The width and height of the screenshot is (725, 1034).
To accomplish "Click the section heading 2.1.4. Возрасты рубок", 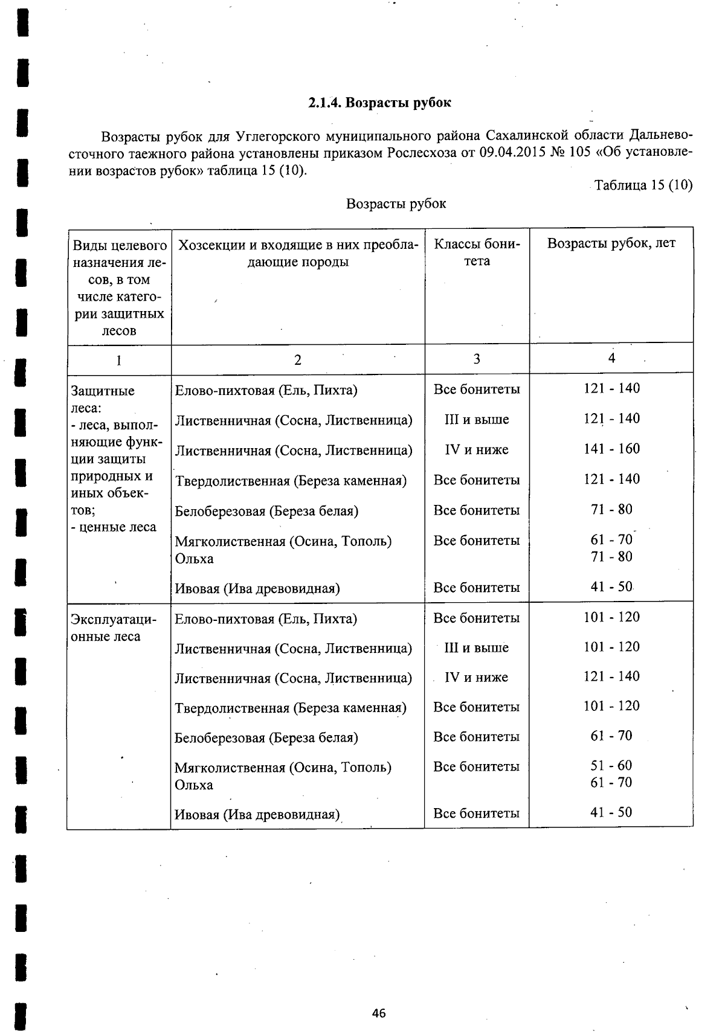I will point(379,103).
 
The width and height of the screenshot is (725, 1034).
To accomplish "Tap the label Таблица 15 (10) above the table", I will point(643,185).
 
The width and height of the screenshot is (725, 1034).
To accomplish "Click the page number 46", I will point(379,1013).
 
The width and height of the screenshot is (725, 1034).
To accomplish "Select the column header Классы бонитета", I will point(477,252).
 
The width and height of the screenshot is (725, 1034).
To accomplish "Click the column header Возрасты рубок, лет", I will point(611,243).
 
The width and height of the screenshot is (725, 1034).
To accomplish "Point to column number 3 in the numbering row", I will point(477,359).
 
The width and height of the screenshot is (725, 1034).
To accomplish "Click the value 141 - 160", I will point(611,449).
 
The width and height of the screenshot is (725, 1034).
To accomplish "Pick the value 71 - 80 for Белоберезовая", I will point(611,509).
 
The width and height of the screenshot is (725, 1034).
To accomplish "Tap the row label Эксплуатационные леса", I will point(114,628).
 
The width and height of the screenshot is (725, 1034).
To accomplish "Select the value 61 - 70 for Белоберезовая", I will point(611,736).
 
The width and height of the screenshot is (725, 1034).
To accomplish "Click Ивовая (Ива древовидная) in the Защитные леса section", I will point(257,588).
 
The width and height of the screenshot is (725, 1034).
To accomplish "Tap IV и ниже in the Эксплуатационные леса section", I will point(476,677).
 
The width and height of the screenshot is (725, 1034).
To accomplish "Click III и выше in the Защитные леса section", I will point(476,419).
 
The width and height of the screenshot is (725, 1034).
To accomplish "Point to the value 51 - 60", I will point(611,765).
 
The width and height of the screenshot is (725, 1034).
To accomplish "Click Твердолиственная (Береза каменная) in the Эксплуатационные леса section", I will point(291,707).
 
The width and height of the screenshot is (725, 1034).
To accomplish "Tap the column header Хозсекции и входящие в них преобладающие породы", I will point(298,254).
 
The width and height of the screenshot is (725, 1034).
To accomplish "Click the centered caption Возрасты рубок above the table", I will point(396,204).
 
